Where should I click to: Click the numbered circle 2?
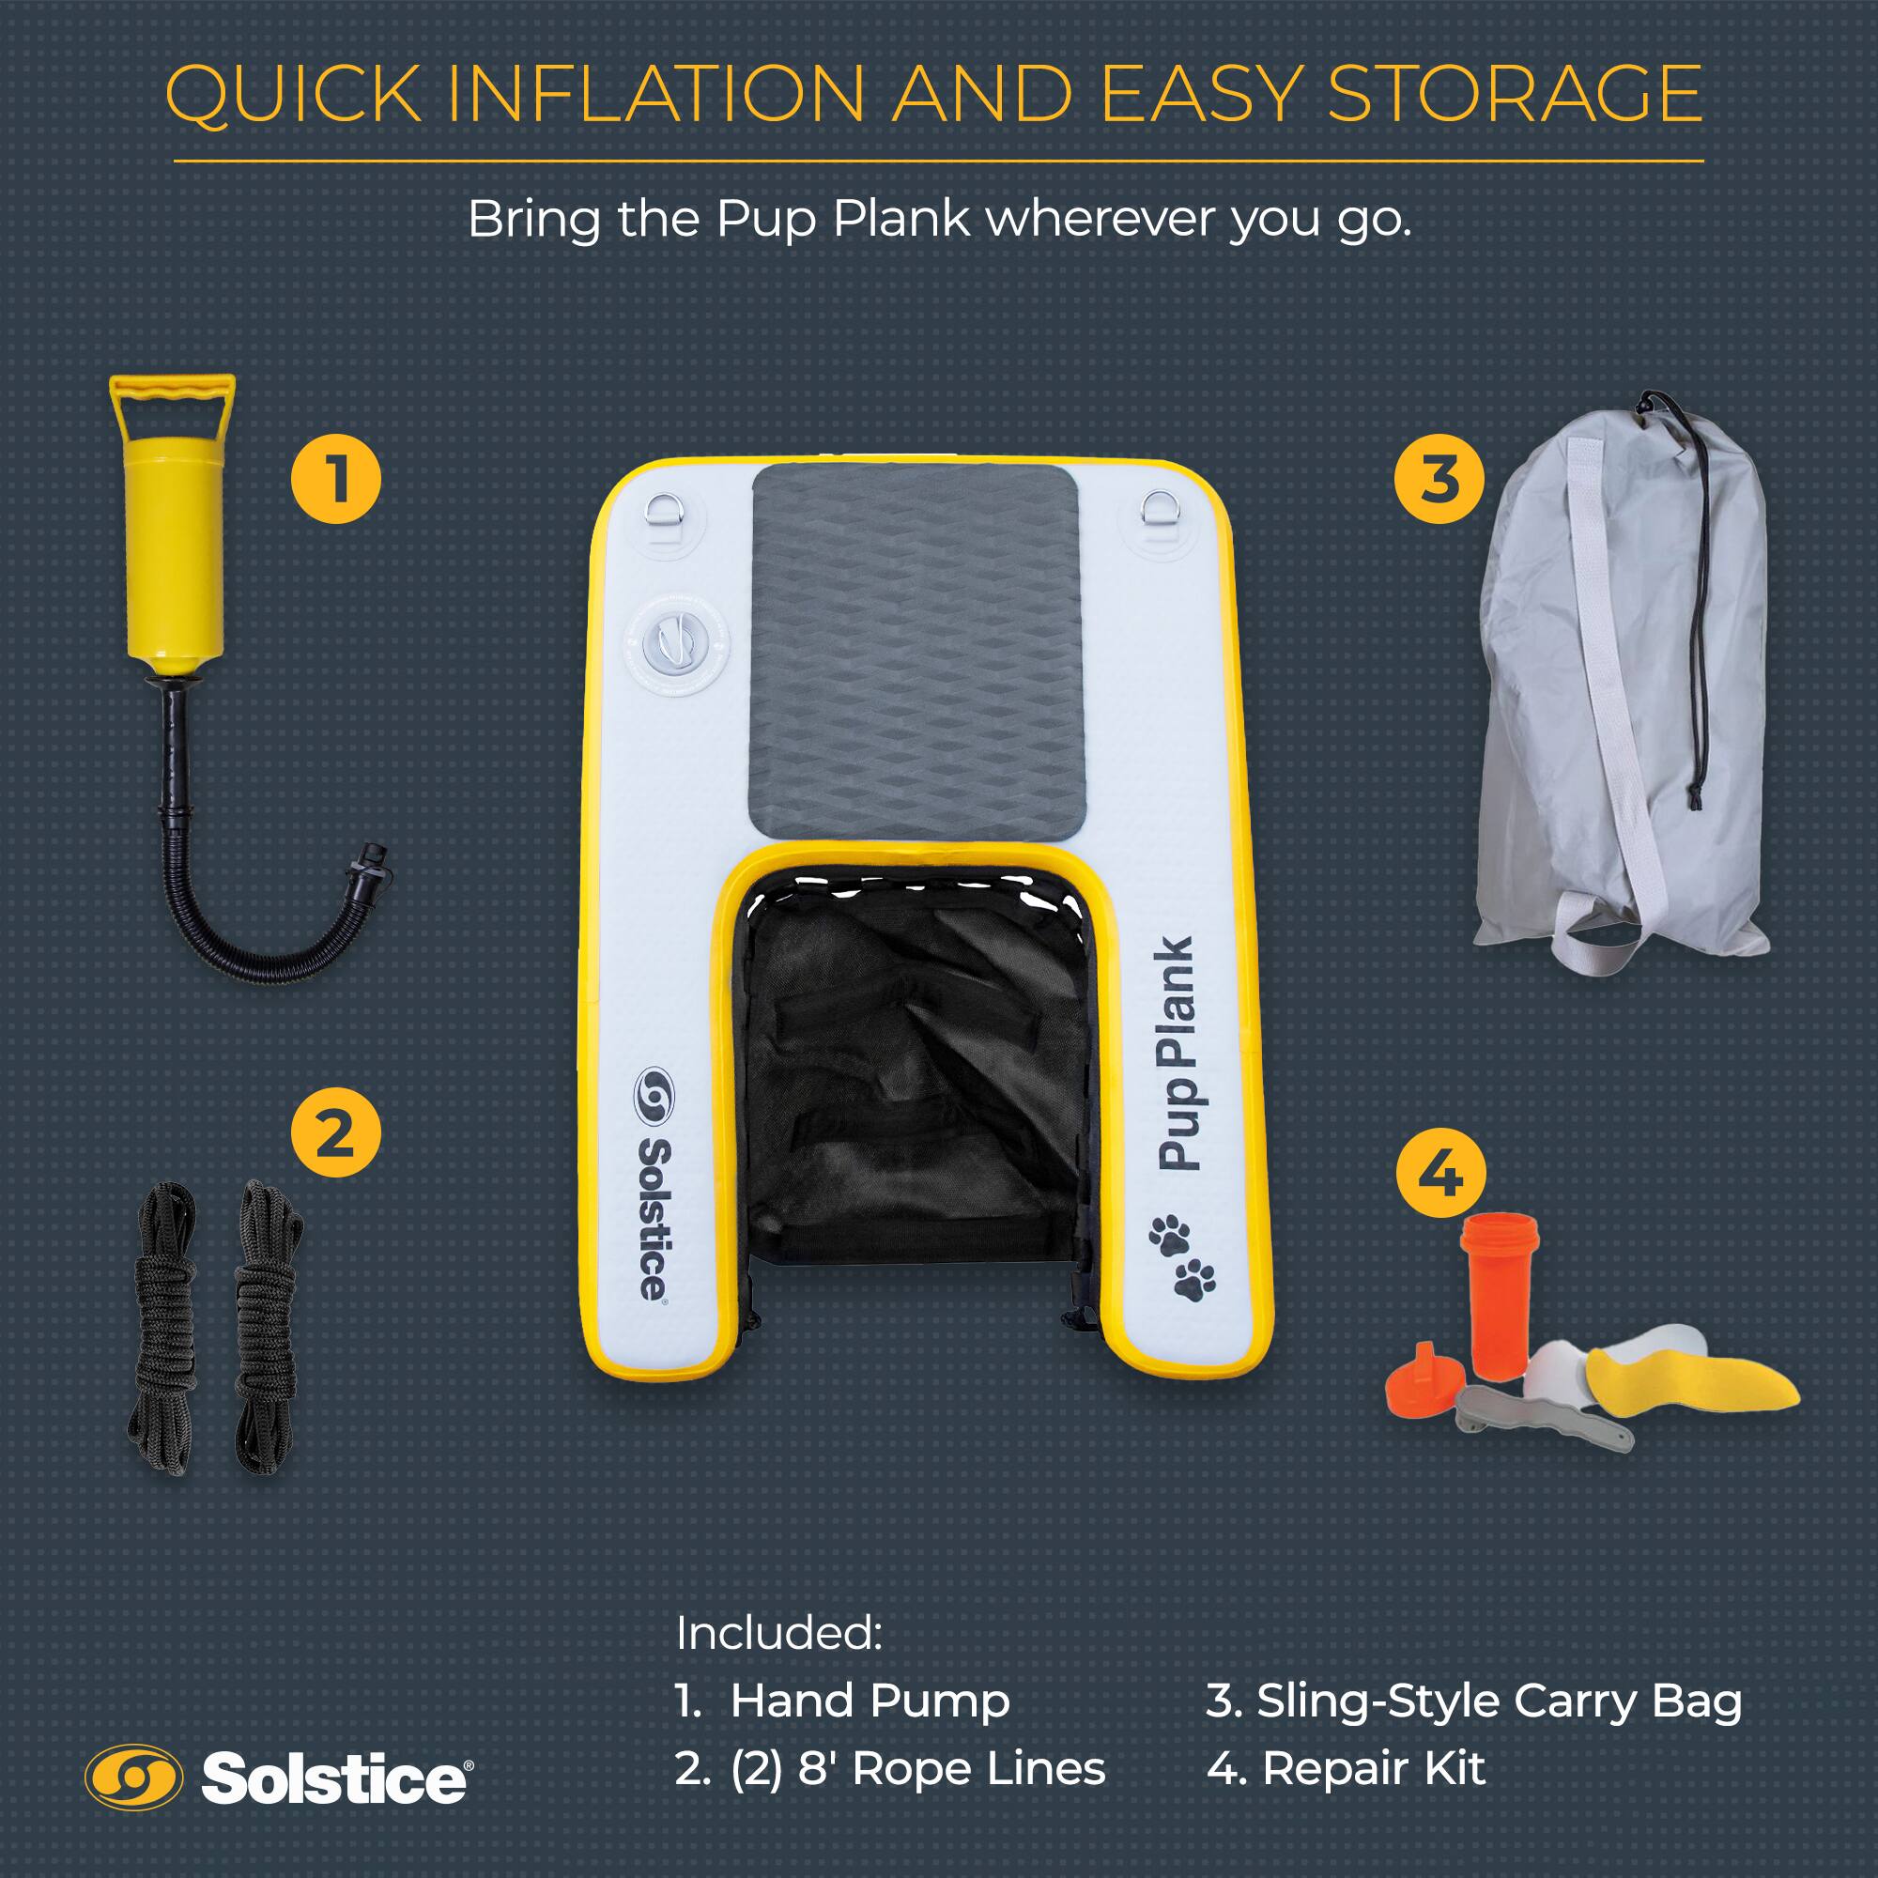(335, 1132)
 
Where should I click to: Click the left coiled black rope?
(165, 1327)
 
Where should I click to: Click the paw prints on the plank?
(1181, 1255)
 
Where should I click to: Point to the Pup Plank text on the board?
(1177, 1054)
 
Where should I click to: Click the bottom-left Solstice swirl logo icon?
(133, 1778)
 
